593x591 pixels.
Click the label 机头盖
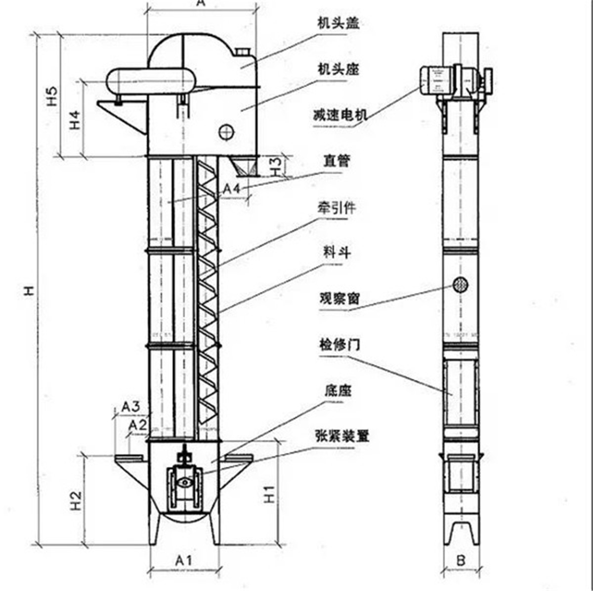pos(338,23)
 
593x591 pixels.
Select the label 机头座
pos(338,69)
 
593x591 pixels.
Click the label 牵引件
pos(337,208)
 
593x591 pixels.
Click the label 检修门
pos(340,345)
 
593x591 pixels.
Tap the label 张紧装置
pos(342,436)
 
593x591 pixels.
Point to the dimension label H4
pos(74,120)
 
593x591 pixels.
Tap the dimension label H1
pos(269,494)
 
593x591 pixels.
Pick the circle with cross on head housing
pos(225,131)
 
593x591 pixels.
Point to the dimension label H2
pos(76,500)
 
